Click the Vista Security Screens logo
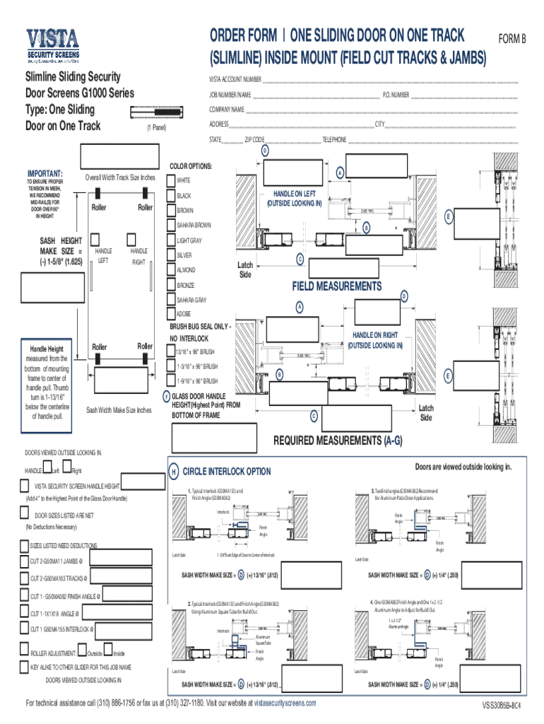53,47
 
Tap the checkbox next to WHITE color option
170,180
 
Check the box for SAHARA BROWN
170,225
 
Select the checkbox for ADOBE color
170,314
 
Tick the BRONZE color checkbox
170,284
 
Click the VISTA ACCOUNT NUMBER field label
235,79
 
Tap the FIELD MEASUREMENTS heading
336,286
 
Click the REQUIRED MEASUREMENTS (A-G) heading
338,440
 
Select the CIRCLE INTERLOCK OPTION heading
226,472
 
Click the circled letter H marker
172,472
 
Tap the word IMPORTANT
45,173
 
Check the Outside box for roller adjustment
83,652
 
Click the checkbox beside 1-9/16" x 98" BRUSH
170,381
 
